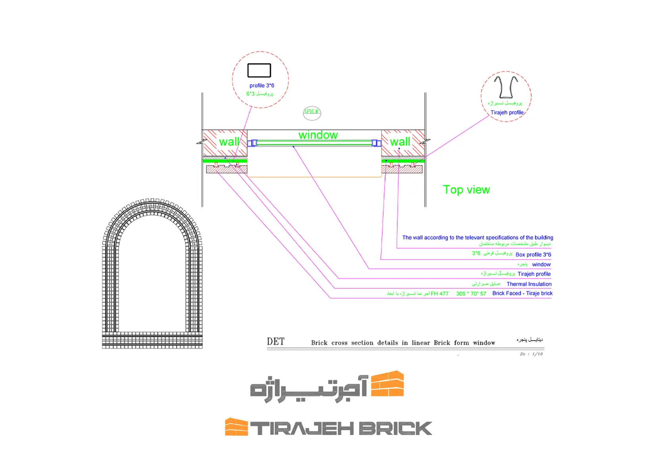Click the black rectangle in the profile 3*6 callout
click(259, 70)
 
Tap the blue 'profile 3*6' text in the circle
click(262, 85)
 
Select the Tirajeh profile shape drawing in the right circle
click(506, 87)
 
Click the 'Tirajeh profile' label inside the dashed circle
click(507, 112)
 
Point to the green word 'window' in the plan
click(318, 135)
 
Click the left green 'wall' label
click(229, 142)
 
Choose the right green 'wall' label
click(400, 142)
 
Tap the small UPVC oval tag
click(312, 112)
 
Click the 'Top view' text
click(466, 190)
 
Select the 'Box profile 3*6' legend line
click(533, 255)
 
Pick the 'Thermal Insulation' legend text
click(529, 284)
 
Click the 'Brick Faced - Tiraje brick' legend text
click(522, 293)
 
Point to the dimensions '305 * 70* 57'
click(471, 294)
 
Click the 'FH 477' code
click(439, 294)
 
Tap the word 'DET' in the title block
click(275, 342)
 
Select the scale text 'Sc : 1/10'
click(531, 354)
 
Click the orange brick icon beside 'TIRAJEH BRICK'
click(236, 427)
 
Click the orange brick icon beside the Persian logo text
click(387, 384)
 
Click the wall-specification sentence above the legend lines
click(477, 238)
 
